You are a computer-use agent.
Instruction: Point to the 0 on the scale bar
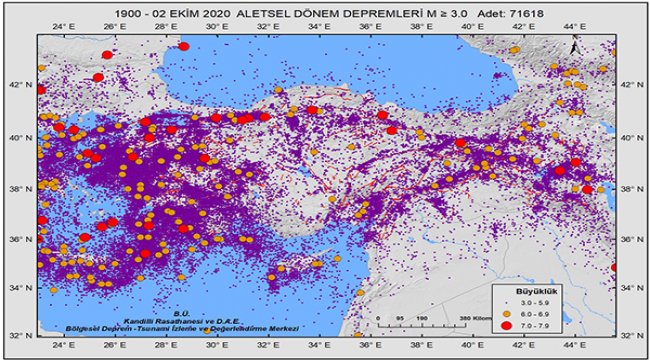point(380,320)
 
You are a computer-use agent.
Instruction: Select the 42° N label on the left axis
point(22,85)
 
